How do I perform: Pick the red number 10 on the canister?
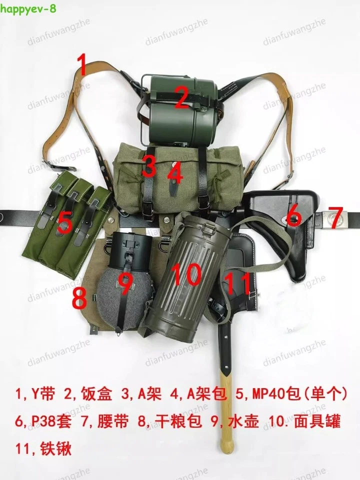click(186, 274)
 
